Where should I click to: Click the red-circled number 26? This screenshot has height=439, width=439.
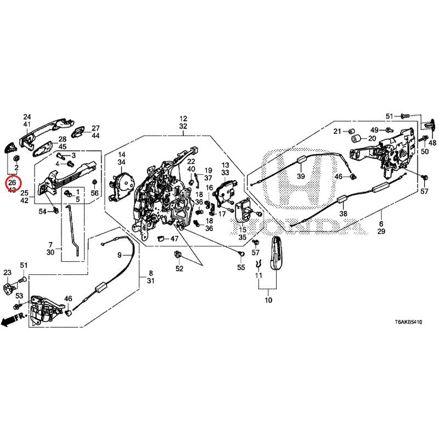(12, 181)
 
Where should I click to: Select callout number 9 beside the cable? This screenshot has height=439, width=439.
(119, 255)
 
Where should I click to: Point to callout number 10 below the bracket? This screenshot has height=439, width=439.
(268, 301)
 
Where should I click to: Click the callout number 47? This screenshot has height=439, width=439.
(174, 239)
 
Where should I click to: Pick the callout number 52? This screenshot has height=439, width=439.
(179, 268)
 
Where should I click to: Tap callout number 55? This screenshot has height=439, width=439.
(240, 267)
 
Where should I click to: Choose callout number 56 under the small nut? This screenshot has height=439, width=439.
(95, 193)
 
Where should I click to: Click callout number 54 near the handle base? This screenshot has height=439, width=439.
(43, 211)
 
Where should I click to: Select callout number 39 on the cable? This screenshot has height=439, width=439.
(300, 176)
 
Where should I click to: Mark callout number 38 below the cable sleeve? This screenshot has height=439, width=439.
(344, 214)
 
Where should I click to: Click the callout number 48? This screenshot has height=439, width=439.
(432, 143)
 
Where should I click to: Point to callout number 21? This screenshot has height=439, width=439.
(338, 131)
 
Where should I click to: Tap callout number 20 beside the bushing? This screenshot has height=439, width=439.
(372, 138)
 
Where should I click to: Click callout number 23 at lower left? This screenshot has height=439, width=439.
(7, 273)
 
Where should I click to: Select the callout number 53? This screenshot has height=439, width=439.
(19, 296)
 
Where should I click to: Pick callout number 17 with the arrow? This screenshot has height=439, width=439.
(222, 213)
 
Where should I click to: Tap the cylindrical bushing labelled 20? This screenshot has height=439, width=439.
(356, 138)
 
